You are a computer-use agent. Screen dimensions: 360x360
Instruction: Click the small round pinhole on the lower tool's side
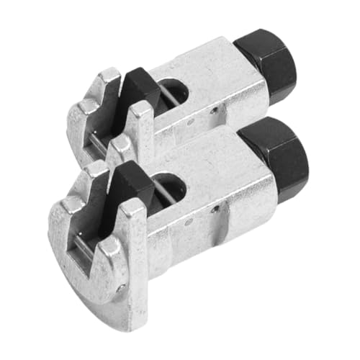(215, 209)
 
